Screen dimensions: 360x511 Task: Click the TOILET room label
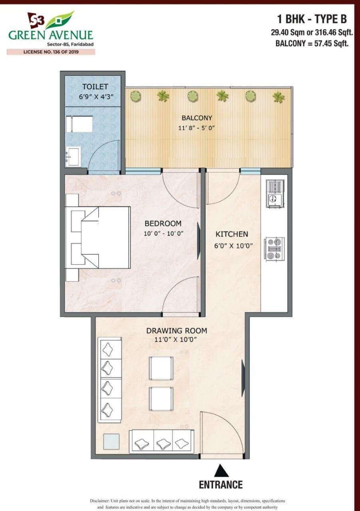(95, 87)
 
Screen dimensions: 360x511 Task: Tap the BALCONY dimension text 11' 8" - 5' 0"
(197, 128)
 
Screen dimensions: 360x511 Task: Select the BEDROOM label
(163, 223)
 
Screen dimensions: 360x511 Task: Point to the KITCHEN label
(232, 234)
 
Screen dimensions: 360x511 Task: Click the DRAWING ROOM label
(176, 331)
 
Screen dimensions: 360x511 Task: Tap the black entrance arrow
(221, 470)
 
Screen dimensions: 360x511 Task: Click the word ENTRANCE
(221, 485)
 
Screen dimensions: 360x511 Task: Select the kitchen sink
(275, 194)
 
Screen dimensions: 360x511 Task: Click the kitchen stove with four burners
(275, 249)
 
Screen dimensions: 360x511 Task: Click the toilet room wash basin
(73, 156)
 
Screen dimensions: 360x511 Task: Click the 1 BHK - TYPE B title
(312, 19)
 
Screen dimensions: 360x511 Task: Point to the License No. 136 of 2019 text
(51, 52)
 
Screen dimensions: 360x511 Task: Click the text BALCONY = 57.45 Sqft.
(312, 43)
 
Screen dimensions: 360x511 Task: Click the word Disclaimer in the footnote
(99, 501)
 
